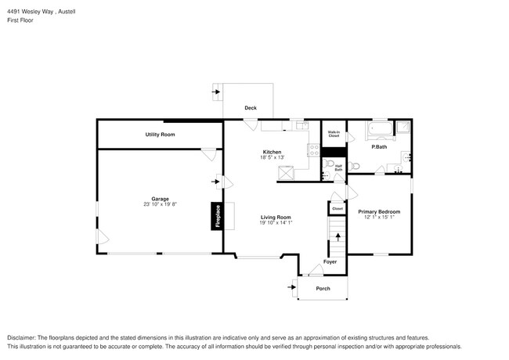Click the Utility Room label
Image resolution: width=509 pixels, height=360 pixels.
(160, 135)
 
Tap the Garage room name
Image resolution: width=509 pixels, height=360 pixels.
(160, 199)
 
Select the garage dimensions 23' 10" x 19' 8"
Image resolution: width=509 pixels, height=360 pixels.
(160, 205)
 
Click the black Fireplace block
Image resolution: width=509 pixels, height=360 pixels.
(217, 216)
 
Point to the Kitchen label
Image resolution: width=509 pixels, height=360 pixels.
(272, 152)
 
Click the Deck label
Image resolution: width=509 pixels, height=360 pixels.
(250, 108)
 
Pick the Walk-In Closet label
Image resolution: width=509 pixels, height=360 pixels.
(334, 134)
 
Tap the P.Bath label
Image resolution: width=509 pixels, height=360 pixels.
(379, 146)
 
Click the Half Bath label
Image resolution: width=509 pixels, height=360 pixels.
(338, 167)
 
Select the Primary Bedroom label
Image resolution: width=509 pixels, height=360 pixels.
(379, 211)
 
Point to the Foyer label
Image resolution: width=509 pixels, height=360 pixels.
(330, 261)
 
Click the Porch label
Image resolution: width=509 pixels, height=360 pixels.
(323, 289)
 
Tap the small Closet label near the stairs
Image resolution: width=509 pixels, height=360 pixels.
(338, 209)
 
